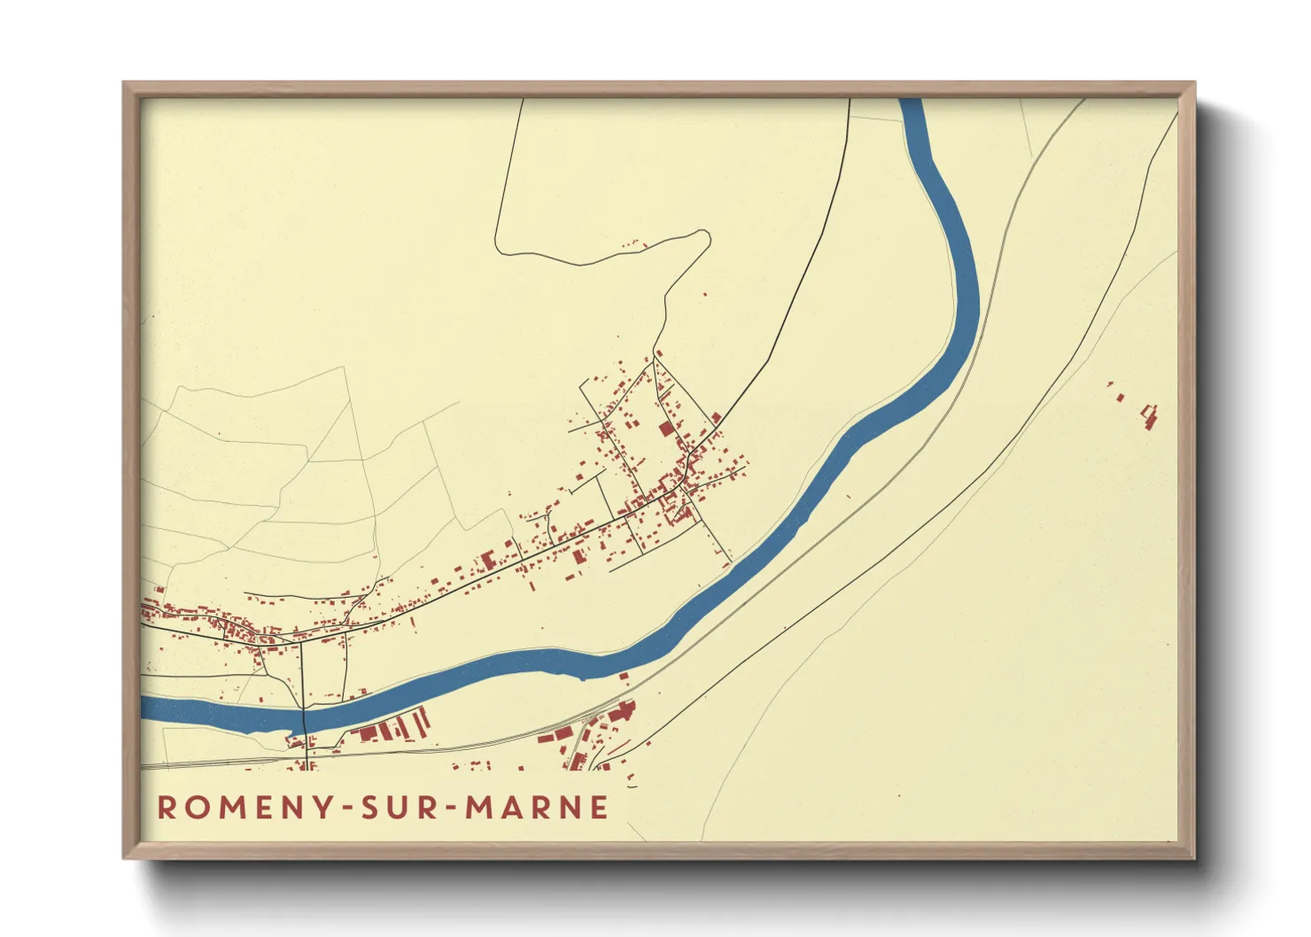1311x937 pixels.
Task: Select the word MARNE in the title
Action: click(538, 808)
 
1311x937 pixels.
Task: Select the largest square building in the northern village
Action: click(666, 430)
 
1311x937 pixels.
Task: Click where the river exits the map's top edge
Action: click(911, 101)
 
